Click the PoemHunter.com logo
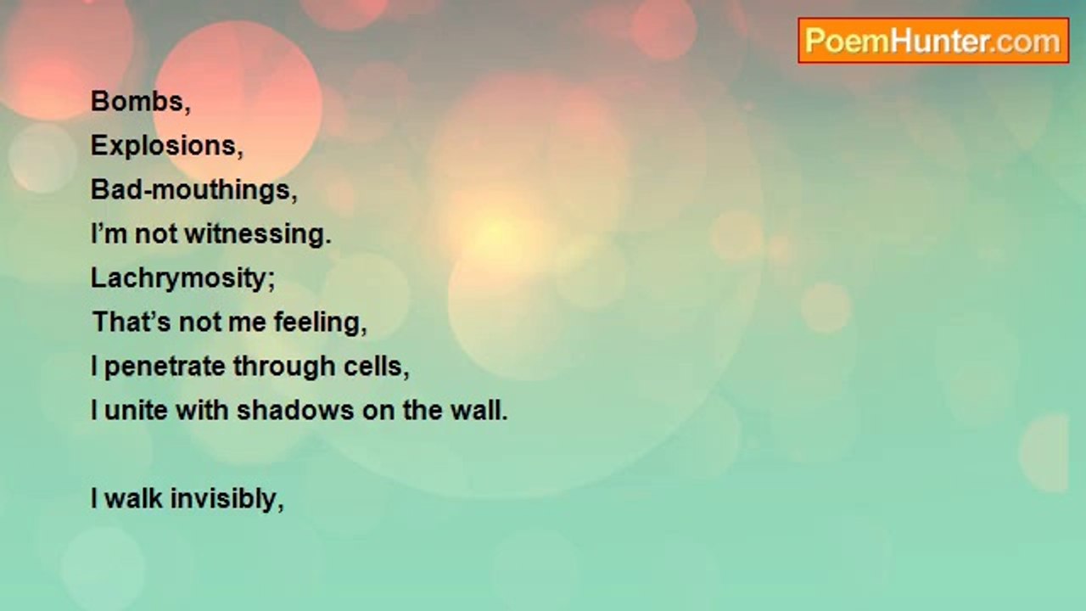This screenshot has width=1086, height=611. pyautogui.click(x=933, y=41)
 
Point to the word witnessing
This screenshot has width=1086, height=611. pyautogui.click(x=258, y=233)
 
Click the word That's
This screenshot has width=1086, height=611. pyautogui.click(x=132, y=322)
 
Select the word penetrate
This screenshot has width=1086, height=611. pyautogui.click(x=165, y=367)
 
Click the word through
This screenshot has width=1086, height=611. pyautogui.click(x=284, y=367)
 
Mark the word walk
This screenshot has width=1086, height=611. pyautogui.click(x=133, y=498)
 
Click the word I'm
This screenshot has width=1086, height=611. pyautogui.click(x=109, y=233)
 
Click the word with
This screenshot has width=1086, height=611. pyautogui.click(x=202, y=410)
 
